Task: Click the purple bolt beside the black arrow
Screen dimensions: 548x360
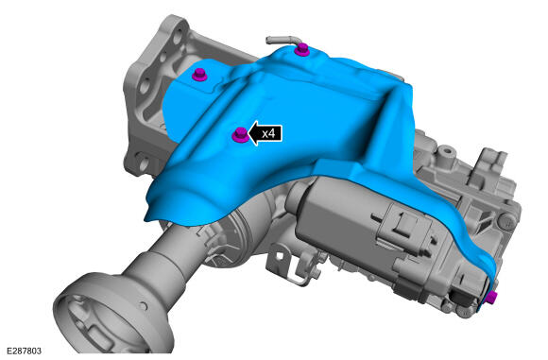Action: [x=240, y=134]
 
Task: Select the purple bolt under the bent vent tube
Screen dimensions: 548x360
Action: [x=301, y=50]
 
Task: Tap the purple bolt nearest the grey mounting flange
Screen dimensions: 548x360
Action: [x=199, y=75]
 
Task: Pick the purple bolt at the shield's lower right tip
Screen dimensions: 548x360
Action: [x=491, y=298]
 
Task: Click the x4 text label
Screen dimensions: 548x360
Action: [x=268, y=133]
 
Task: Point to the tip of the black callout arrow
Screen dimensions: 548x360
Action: [x=248, y=133]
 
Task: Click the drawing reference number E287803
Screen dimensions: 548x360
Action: [x=25, y=351]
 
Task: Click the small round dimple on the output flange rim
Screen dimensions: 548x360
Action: [x=143, y=306]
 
